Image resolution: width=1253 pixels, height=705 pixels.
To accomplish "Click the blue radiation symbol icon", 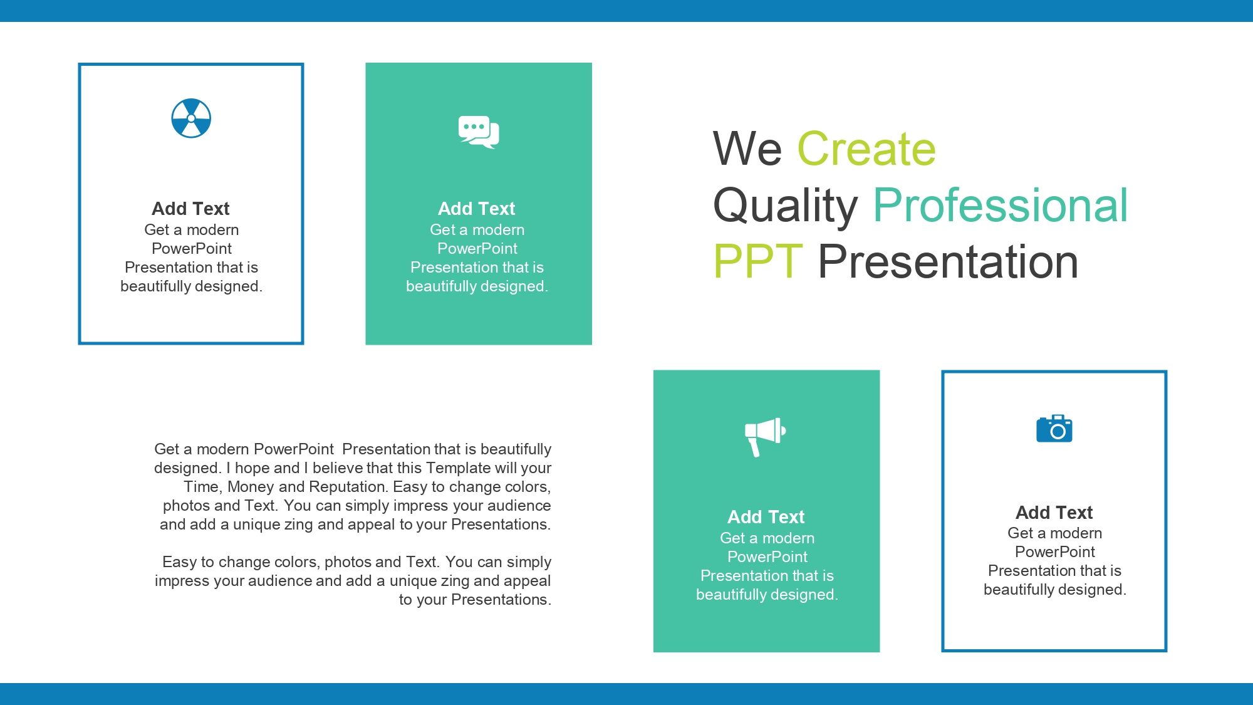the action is point(191,118).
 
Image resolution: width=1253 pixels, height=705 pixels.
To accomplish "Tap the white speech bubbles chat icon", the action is point(479,132).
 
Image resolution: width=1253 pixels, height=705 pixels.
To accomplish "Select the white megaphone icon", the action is point(765,437).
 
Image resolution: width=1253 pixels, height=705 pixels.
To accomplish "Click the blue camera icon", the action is point(1054,429).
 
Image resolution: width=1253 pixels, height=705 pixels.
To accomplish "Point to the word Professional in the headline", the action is point(1001,206).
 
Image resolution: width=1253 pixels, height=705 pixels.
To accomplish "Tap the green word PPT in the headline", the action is point(758,261).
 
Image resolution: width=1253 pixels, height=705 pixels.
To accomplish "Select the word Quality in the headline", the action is point(786,207).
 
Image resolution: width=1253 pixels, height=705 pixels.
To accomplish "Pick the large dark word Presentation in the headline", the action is point(949,261).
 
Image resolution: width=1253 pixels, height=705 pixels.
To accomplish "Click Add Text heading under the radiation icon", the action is point(190,208).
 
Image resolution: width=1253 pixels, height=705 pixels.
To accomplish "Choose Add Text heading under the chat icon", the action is point(476,208).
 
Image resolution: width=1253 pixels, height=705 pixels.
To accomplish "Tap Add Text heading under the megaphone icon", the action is point(766,516).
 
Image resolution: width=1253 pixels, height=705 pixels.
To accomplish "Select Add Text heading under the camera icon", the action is point(1054,512).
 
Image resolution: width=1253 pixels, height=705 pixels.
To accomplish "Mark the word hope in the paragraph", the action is point(252,468).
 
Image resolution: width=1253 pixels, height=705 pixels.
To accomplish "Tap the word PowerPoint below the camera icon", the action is point(1055,552).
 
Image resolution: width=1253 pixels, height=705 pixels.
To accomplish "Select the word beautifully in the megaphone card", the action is point(732,595).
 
